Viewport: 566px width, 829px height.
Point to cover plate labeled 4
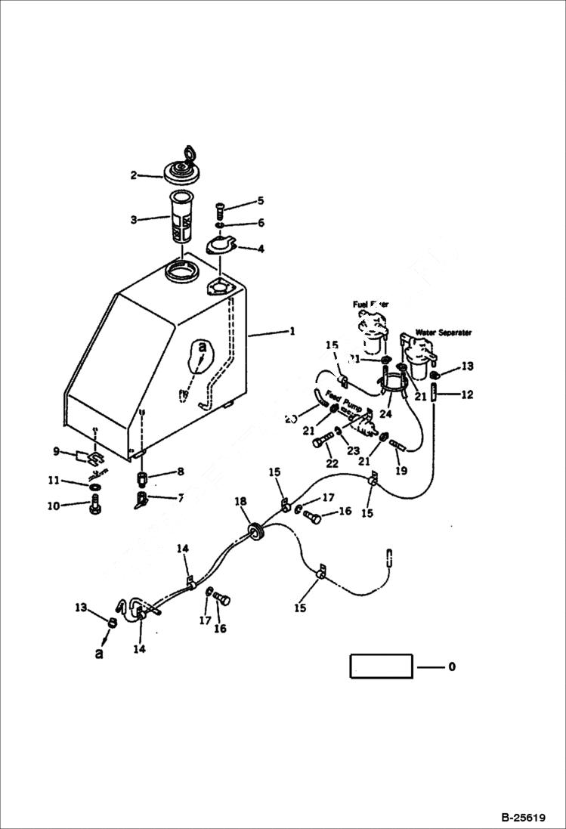pyautogui.click(x=222, y=246)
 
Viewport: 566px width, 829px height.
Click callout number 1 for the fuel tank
pyautogui.click(x=291, y=331)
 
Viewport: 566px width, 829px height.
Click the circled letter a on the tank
pyautogui.click(x=200, y=348)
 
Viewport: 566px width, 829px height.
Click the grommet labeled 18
pyautogui.click(x=255, y=531)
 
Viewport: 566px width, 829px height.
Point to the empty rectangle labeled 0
pyautogui.click(x=381, y=667)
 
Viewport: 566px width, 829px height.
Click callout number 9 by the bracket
pyautogui.click(x=56, y=451)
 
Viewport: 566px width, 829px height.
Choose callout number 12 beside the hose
pyautogui.click(x=467, y=393)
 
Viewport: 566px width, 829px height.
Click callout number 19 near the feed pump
pyautogui.click(x=401, y=470)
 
